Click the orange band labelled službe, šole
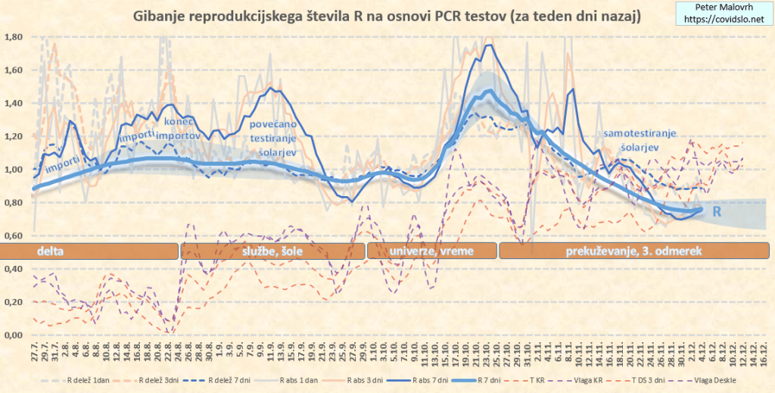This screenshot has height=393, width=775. coord(272,251)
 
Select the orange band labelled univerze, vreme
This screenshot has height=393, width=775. coord(431,251)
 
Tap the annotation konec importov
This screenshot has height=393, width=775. coord(181,129)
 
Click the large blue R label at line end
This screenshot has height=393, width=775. coord(714,214)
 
